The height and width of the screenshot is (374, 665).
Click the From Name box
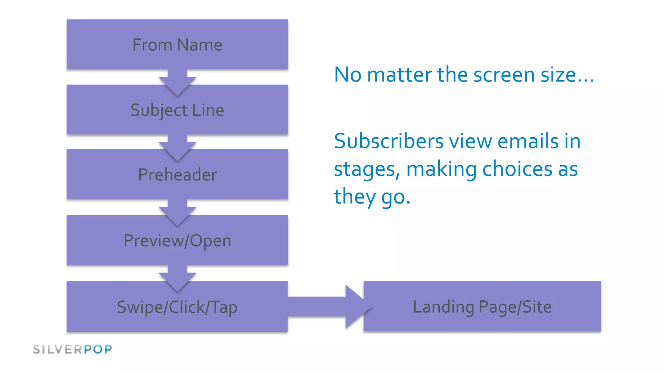click(177, 44)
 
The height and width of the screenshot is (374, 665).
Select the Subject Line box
click(177, 110)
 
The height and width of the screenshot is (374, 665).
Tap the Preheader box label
click(177, 175)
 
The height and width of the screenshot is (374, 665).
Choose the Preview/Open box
click(177, 241)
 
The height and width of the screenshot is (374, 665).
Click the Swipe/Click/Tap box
click(177, 307)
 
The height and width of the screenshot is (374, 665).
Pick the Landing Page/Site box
click(482, 306)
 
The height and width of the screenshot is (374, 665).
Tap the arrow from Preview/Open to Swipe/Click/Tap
click(177, 278)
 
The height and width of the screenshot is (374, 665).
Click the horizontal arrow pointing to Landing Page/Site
click(328, 306)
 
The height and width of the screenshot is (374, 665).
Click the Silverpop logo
click(72, 349)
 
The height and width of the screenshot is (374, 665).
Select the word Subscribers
click(388, 142)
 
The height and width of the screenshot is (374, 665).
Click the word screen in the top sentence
click(504, 75)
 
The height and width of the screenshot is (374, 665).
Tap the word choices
click(517, 169)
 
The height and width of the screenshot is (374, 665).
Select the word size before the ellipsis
click(557, 75)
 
